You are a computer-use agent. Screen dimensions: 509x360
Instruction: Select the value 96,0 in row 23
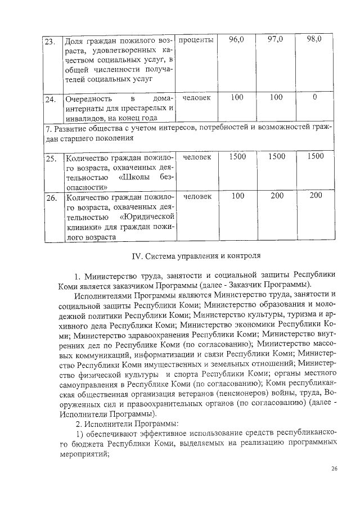click(x=237, y=40)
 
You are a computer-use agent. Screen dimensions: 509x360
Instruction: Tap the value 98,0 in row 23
click(x=314, y=40)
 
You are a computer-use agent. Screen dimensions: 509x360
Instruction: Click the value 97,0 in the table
click(x=276, y=40)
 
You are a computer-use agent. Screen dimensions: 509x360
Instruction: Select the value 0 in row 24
click(x=314, y=98)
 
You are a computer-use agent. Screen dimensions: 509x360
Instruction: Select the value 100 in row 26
click(x=237, y=195)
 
